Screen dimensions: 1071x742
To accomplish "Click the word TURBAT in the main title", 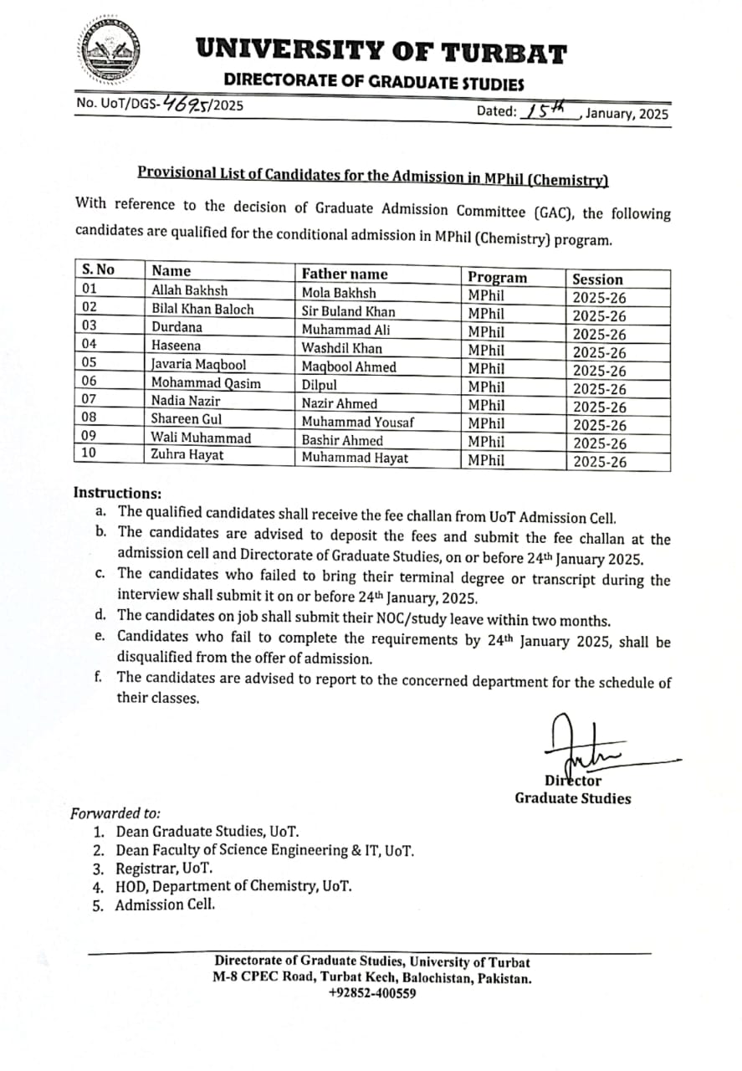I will coord(504,53).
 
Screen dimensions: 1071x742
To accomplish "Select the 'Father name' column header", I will coord(345,274).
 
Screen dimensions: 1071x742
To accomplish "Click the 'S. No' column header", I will coord(98,270).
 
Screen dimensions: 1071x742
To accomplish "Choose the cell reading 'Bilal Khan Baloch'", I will coord(202,310).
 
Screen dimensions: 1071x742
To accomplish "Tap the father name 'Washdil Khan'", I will coord(342,348).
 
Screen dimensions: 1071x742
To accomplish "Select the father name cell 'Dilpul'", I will coord(320,384).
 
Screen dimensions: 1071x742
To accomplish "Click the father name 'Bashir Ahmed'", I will coord(342,440).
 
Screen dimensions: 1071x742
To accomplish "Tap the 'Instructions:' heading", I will coord(117,494).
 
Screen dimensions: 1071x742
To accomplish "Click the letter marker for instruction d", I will coord(100,619).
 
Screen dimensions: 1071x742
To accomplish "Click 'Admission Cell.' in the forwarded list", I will coord(166,904).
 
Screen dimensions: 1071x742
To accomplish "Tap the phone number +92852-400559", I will coord(372,993).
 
